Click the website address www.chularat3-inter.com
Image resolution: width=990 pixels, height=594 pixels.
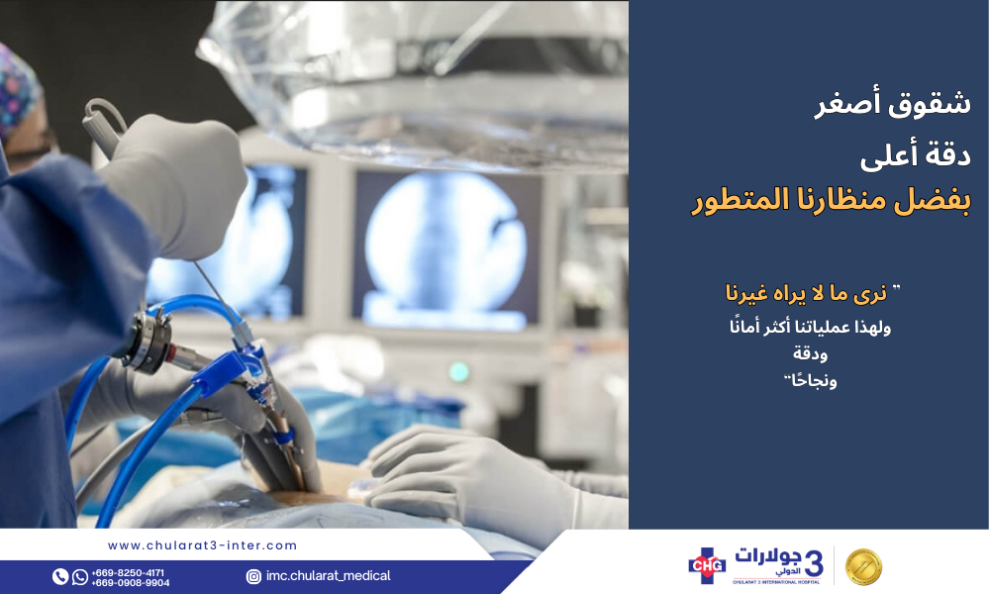pyautogui.click(x=202, y=545)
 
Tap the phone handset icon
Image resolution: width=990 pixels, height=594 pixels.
pyautogui.click(x=60, y=576)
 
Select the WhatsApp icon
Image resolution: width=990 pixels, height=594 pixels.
pyautogui.click(x=79, y=576)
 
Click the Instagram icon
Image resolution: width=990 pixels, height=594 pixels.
pyautogui.click(x=253, y=576)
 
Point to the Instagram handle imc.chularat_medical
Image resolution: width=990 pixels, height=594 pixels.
pyautogui.click(x=328, y=576)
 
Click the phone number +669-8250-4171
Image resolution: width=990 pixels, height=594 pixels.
pyautogui.click(x=128, y=572)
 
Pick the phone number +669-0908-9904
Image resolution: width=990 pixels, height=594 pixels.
pyautogui.click(x=130, y=583)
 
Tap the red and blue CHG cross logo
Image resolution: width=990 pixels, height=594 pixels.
pyautogui.click(x=707, y=565)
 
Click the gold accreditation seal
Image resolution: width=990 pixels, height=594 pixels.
pyautogui.click(x=863, y=566)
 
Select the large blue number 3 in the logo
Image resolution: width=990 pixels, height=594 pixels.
pyautogui.click(x=814, y=561)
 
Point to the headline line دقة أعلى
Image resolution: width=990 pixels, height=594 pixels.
pyautogui.click(x=916, y=154)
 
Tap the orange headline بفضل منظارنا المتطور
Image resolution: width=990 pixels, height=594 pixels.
pyautogui.click(x=831, y=201)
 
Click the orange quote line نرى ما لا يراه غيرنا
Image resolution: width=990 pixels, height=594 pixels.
pyautogui.click(x=813, y=293)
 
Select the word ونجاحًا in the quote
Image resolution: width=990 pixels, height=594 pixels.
pyautogui.click(x=811, y=380)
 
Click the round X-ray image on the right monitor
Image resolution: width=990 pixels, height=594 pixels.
pyautogui.click(x=445, y=248)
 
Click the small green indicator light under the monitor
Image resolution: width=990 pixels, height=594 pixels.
pyautogui.click(x=459, y=372)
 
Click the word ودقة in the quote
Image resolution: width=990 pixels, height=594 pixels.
pyautogui.click(x=810, y=352)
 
